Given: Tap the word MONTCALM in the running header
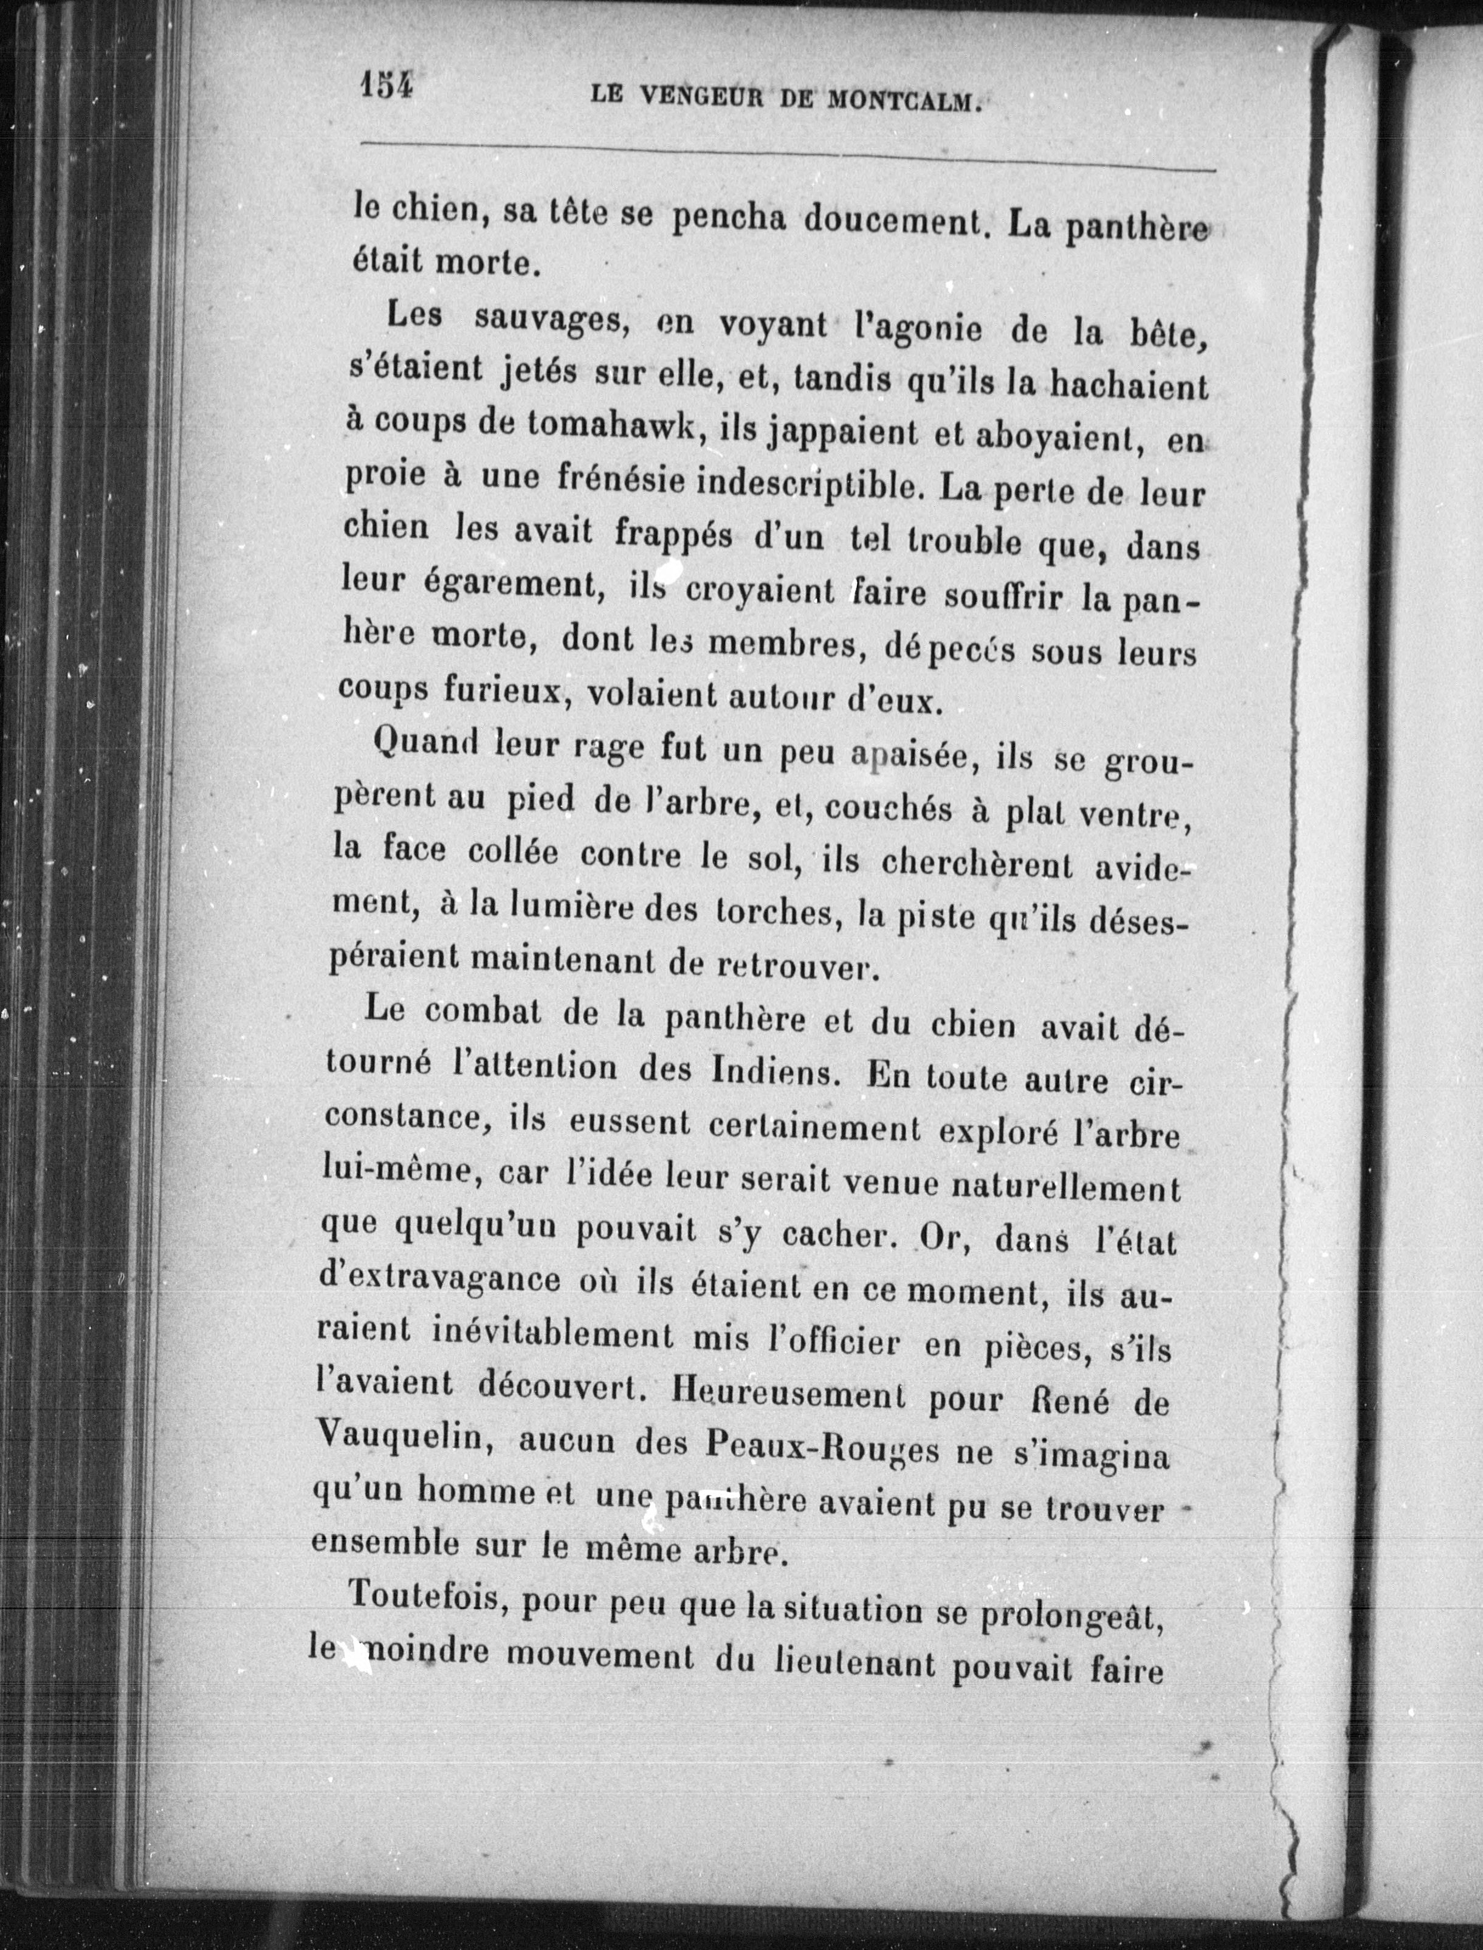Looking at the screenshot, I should [903, 100].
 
